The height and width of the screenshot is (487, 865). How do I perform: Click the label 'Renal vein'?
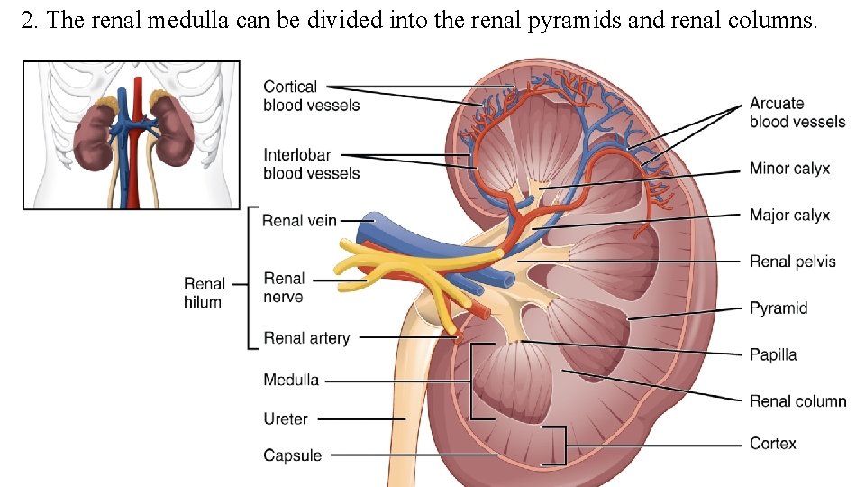299,220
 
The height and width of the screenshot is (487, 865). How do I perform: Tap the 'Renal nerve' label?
284,288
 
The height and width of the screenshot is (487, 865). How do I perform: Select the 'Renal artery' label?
306,338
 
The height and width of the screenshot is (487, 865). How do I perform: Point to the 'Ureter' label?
286,418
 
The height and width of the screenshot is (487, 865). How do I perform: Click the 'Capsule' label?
292,455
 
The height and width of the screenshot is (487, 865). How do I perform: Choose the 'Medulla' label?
291,380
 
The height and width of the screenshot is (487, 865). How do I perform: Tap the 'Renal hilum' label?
203,293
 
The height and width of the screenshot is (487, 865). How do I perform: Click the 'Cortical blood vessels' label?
311,96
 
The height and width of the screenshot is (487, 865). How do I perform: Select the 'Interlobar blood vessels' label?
311,163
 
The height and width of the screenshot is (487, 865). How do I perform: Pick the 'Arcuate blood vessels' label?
797,113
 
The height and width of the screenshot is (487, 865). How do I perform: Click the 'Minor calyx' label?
789,169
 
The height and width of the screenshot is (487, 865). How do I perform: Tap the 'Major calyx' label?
789,215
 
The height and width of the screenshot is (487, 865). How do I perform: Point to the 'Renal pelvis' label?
793,262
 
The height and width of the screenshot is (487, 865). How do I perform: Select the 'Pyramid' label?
778,308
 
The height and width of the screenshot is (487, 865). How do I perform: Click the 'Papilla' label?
773,354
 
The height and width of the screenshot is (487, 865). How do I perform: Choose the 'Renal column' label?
797,400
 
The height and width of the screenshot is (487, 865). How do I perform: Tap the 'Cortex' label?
773,443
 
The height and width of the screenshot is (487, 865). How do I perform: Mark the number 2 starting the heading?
27,21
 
